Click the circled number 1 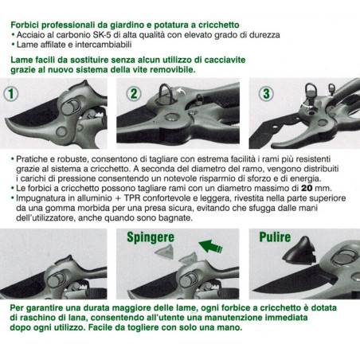point(11,94)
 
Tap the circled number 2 point(134,94)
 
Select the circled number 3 point(266,94)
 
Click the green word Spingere point(151,237)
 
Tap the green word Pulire point(275,237)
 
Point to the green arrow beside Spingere point(210,246)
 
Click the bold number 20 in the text point(307,188)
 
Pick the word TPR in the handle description point(132,198)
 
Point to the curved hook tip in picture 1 point(10,125)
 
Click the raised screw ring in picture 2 point(166,93)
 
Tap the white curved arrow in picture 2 point(181,92)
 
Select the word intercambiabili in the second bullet point(104,45)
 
